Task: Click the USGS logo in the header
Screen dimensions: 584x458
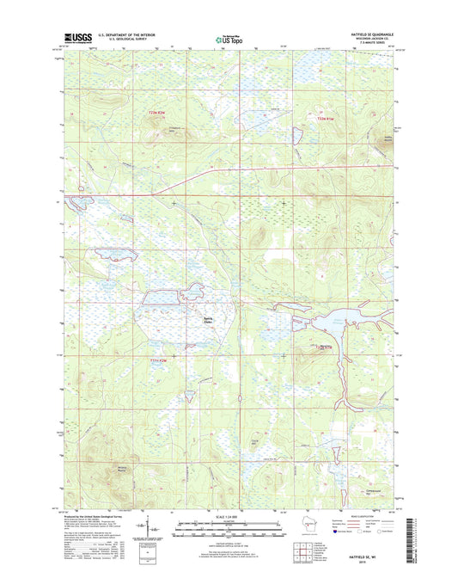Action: click(76, 38)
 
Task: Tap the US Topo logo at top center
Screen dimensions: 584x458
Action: click(229, 39)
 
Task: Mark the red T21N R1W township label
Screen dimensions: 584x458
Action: click(322, 347)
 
